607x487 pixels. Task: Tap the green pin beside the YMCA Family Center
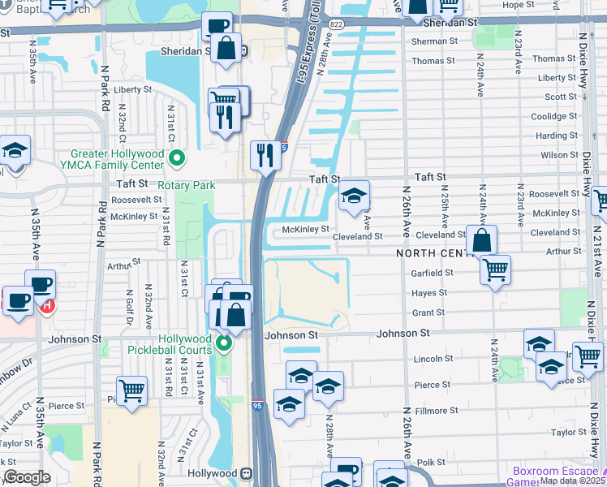179,157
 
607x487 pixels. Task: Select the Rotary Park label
187,185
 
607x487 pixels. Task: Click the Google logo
27,477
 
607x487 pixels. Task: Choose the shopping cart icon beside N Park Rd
131,390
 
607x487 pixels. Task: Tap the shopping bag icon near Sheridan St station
228,47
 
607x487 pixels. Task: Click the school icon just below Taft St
353,196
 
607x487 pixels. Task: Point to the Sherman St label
429,41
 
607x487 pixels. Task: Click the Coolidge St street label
555,116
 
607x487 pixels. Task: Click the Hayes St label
430,292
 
